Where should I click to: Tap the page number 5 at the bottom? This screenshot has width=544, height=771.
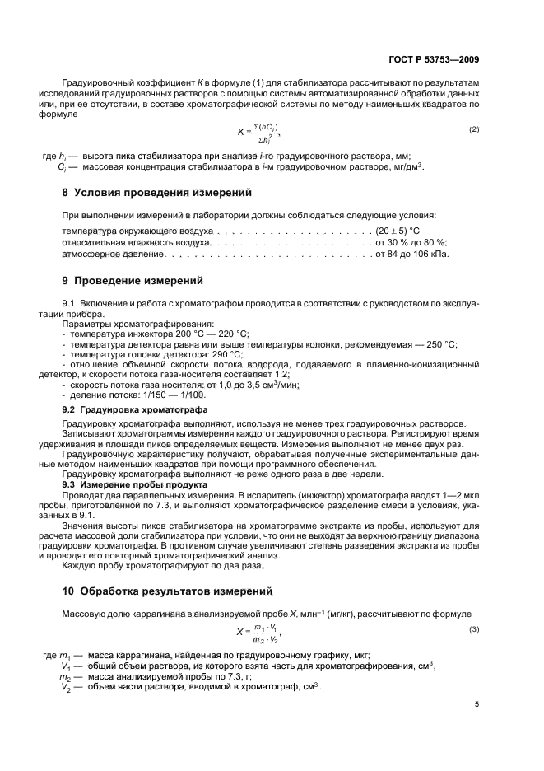click(x=477, y=704)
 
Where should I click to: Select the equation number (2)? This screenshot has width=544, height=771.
click(x=473, y=130)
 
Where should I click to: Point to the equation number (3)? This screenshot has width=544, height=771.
click(x=473, y=630)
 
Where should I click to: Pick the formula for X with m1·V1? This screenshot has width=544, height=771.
click(x=259, y=633)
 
